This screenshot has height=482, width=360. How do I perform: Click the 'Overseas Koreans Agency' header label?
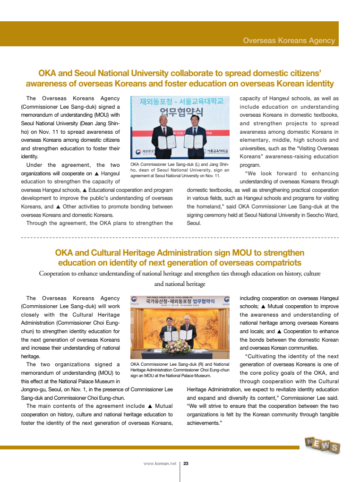tap(289, 41)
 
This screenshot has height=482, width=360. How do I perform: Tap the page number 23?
tap(186, 464)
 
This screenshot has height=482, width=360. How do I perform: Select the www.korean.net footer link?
tap(160, 464)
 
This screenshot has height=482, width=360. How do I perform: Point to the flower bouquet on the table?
tap(177, 346)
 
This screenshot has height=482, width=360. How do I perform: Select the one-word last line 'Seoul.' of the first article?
tap(194, 224)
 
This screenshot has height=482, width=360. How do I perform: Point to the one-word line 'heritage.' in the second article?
tap(31, 356)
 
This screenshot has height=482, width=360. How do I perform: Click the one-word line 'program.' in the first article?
tap(250, 165)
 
